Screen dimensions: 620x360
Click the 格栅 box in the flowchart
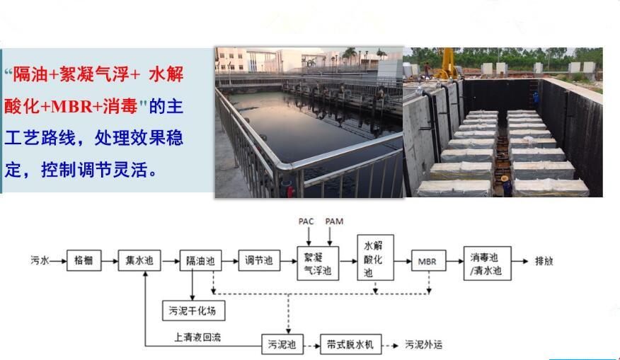click(x=84, y=260)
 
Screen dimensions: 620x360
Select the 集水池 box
click(x=139, y=260)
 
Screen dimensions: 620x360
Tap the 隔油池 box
click(x=200, y=260)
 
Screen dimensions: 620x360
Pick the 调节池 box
click(x=259, y=260)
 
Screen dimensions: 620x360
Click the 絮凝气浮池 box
click(x=318, y=263)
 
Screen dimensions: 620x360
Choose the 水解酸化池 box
click(x=375, y=257)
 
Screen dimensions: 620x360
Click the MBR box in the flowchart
click(x=429, y=260)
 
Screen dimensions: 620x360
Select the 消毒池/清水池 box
click(x=487, y=263)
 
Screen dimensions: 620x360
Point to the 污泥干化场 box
click(x=194, y=310)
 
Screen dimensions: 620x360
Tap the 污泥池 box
click(x=282, y=344)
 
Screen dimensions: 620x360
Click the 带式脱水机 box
click(x=351, y=344)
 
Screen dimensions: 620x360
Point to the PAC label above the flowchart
click(x=306, y=221)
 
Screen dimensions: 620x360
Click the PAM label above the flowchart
click(x=334, y=221)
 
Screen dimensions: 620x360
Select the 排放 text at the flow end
click(x=544, y=261)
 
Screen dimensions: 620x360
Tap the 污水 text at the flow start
click(x=40, y=260)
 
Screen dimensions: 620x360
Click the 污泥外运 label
click(x=423, y=344)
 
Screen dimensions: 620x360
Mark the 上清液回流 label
click(x=197, y=337)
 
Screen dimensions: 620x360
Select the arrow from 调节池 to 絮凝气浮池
click(x=289, y=261)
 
